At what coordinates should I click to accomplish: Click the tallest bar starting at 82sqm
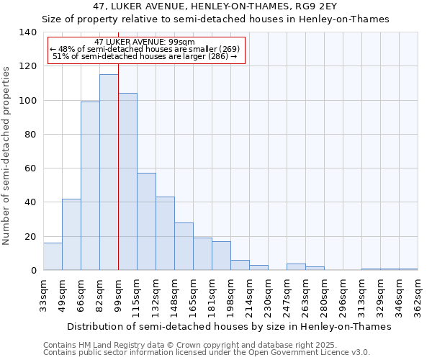coord(109,172)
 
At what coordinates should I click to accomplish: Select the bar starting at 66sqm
coord(90,186)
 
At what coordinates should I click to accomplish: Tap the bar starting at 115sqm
coord(146,221)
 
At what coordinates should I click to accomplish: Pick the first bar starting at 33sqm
coord(53,256)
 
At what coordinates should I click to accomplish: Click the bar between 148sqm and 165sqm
coord(184,246)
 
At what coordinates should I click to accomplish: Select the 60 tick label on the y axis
coord(30,168)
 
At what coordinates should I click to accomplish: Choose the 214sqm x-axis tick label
coord(250,296)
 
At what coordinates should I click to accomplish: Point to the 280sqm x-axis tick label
coord(325,296)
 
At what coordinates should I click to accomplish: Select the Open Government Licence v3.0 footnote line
coord(207,353)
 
